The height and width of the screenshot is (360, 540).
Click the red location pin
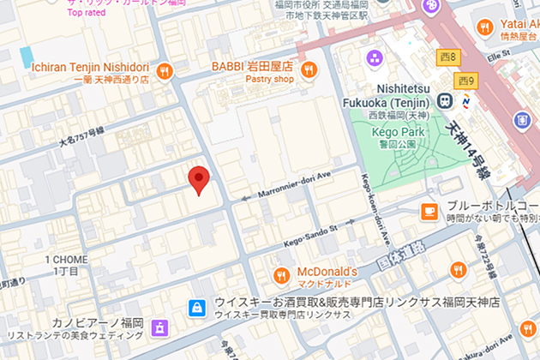(x=199, y=178)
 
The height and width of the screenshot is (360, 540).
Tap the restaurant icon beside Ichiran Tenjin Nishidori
(x=163, y=70)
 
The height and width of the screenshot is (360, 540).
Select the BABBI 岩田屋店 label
(x=253, y=65)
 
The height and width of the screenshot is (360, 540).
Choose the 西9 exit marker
(x=465, y=81)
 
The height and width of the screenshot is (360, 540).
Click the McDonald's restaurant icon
(x=280, y=274)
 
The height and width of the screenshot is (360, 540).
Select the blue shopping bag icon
(x=197, y=306)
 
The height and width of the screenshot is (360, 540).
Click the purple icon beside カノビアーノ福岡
(x=159, y=327)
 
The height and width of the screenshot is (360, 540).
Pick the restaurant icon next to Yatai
(x=484, y=28)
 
